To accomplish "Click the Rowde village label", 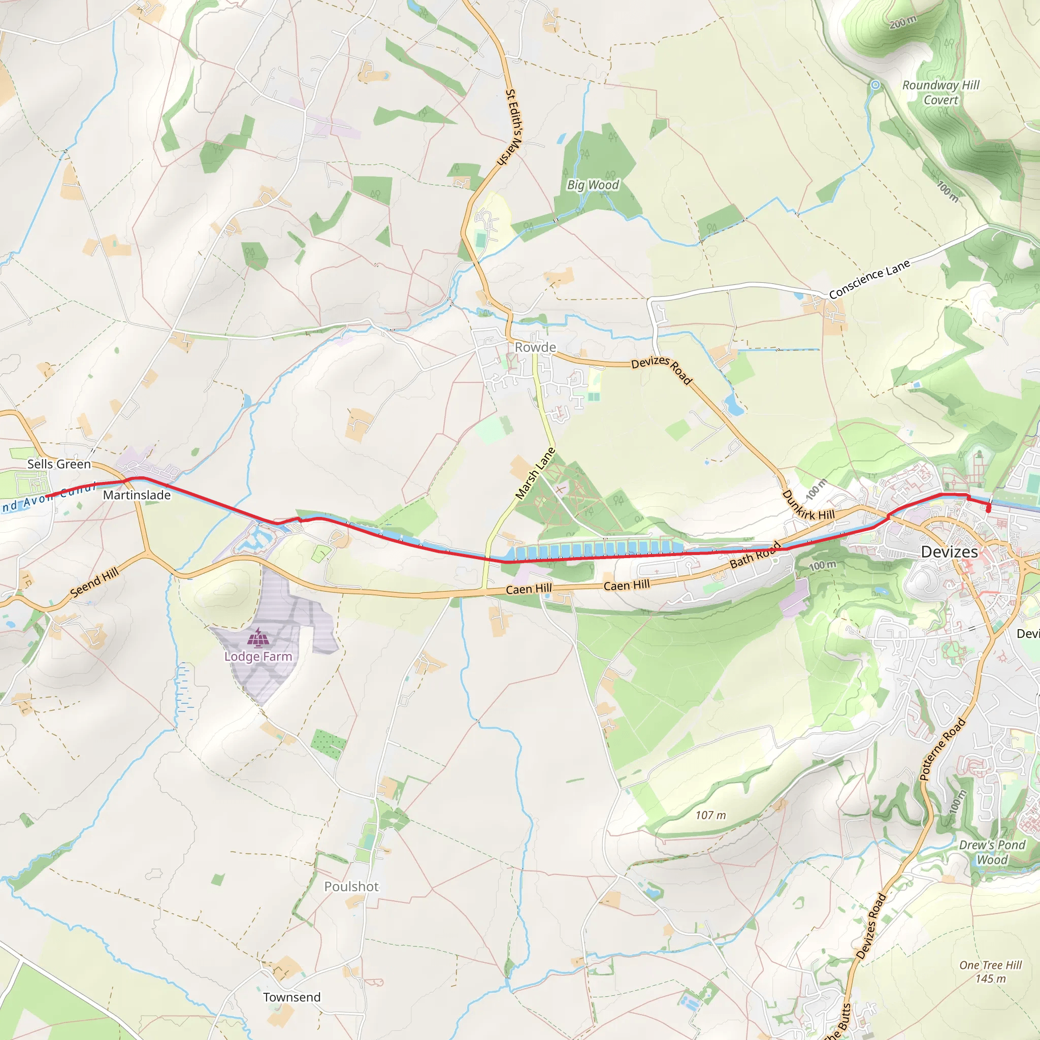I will pos(535,347).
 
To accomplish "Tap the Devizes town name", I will pos(949,552).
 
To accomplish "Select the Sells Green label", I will pos(59,464).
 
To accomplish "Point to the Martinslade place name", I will pos(137,495).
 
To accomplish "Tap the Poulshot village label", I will pos(351,887).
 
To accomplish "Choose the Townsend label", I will pos(292,997).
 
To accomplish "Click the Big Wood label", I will pos(593,185).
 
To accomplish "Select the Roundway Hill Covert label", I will pos(940,92).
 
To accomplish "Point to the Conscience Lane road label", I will pos(869,279).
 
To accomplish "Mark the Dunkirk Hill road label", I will pos(807,505).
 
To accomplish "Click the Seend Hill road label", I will pos(94,583).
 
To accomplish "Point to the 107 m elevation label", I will pos(710,816).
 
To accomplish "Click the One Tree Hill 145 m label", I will pos(990,971).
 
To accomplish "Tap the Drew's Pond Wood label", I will pos(992,852).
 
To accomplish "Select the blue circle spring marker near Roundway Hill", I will pos(876,84).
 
